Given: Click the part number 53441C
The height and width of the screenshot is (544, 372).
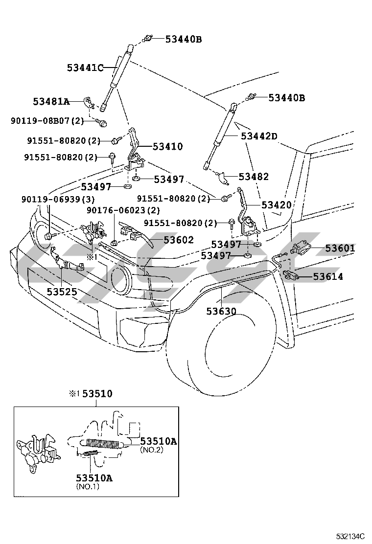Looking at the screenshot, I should point(85,68).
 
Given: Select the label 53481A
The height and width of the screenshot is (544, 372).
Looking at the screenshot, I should point(51,102).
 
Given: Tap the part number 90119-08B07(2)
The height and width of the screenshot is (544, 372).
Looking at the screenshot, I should point(47,120).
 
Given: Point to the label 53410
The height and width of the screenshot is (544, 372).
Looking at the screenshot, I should point(167,146).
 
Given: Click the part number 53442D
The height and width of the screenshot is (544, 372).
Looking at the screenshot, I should point(259,136).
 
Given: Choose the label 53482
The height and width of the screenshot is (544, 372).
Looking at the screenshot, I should point(254,177).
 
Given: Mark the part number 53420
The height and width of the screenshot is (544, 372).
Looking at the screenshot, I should point(277,205).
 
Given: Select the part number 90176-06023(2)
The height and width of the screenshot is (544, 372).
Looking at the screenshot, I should point(123,210).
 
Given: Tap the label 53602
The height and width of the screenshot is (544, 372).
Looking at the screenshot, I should point(179,240).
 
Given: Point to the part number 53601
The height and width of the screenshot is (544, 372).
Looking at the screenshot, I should point(340,249).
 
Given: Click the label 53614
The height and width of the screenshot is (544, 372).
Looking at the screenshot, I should point(328,277).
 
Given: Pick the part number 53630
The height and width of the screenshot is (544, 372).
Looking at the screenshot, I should point(221,311).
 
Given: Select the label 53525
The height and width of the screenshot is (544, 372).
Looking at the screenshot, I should point(62,292).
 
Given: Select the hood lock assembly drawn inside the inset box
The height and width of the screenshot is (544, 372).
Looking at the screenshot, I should point(39,450).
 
